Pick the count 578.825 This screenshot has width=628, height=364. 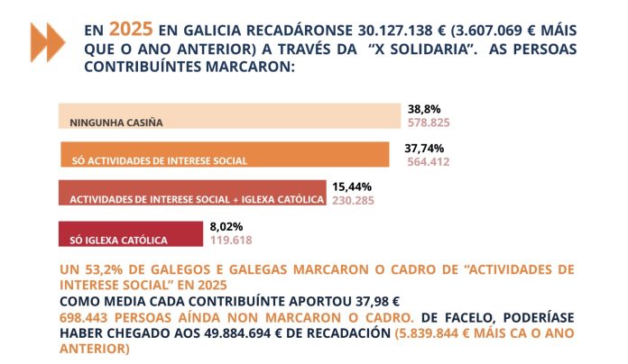click(x=429, y=122)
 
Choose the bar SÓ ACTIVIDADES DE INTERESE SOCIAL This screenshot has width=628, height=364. click(x=225, y=156)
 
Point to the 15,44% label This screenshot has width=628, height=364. click(x=351, y=186)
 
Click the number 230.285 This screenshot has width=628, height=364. click(x=355, y=201)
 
